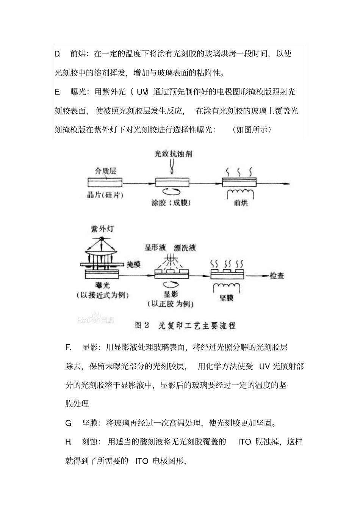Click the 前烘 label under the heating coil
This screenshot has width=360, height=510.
pyautogui.click(x=241, y=203)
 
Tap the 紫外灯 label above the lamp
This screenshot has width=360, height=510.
pyautogui.click(x=102, y=229)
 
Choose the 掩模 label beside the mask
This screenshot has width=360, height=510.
pyautogui.click(x=133, y=264)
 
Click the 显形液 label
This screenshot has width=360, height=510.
pyautogui.click(x=155, y=248)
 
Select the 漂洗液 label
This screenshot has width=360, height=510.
pyautogui.click(x=185, y=248)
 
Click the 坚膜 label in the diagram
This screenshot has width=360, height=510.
pyautogui.click(x=226, y=298)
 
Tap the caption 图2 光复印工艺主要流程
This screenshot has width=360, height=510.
pyautogui.click(x=185, y=325)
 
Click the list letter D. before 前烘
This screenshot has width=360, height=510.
pyautogui.click(x=57, y=54)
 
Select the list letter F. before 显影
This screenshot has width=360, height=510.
pyautogui.click(x=68, y=347)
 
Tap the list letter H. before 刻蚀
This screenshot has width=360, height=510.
pyautogui.click(x=68, y=442)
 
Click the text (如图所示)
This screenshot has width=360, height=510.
pyautogui.click(x=252, y=130)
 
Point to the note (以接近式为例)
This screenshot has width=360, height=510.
pyautogui.click(x=102, y=295)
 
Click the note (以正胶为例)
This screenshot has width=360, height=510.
pyautogui.click(x=171, y=304)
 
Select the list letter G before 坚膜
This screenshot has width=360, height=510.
pyautogui.click(x=68, y=423)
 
